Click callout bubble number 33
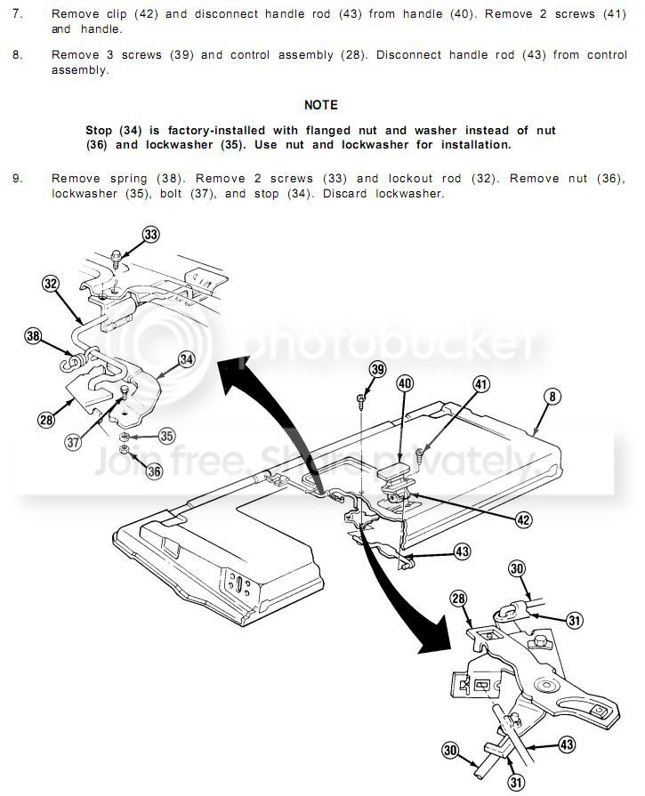151,235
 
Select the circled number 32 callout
51,284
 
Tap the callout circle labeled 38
34,336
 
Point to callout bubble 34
187,359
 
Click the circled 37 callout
73,442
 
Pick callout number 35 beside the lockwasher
166,436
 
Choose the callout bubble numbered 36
154,471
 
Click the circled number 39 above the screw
377,369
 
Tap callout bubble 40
405,383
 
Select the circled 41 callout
481,384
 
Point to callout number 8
552,396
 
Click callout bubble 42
523,519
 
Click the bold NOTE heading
321,105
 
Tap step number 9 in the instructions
17,178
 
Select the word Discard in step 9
345,193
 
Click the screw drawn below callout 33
117,257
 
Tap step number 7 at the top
17,13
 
